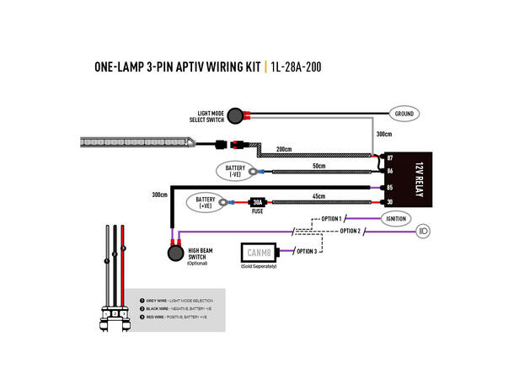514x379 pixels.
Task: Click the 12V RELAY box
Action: [410, 179]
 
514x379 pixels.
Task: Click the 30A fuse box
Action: [257, 202]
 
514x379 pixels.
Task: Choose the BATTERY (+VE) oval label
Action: [206, 202]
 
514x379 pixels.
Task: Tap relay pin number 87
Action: [390, 157]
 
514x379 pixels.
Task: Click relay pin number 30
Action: [390, 202]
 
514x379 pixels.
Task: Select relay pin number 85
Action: [390, 187]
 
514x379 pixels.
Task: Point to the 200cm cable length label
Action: [283, 150]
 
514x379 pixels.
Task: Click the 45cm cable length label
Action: [319, 196]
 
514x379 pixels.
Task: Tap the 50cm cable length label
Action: [319, 166]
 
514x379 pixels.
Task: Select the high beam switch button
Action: [174, 252]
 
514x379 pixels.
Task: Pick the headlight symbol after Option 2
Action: [425, 230]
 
